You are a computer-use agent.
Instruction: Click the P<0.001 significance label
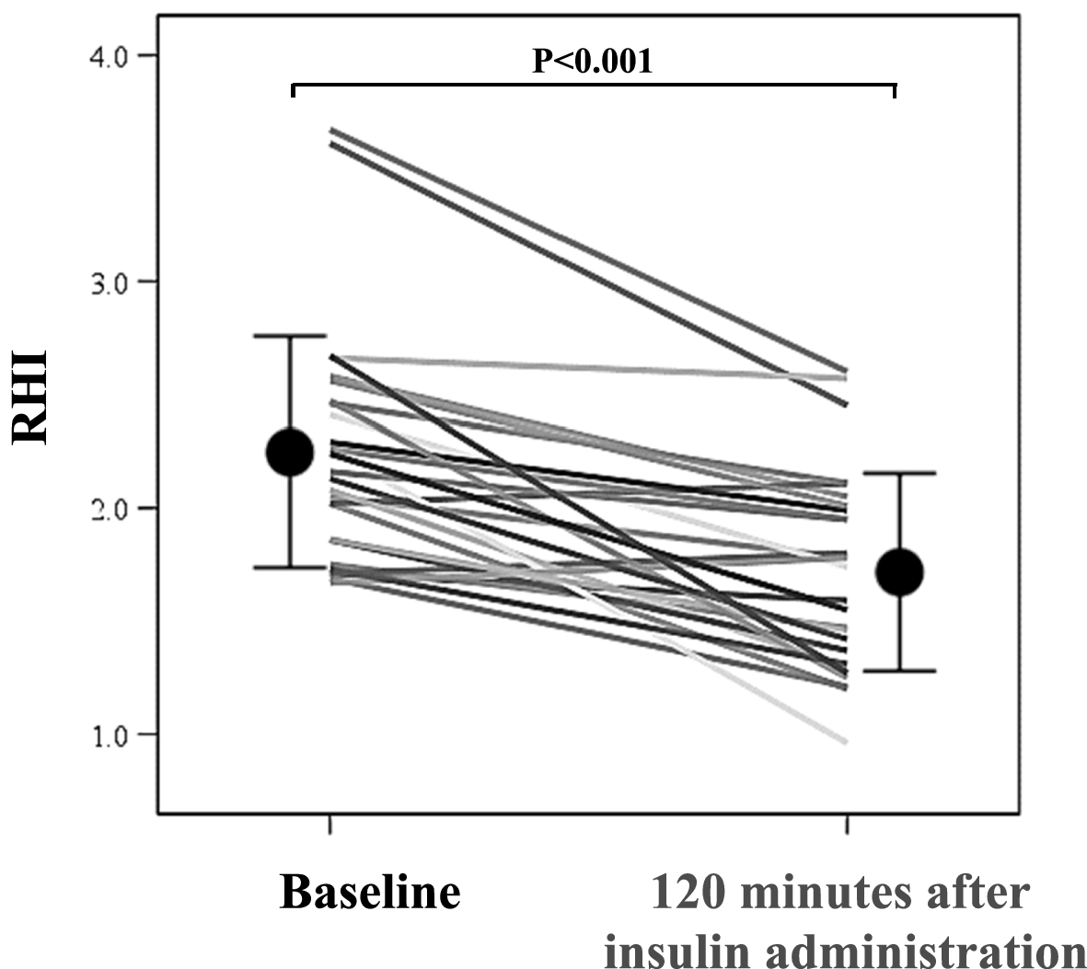pos(593,61)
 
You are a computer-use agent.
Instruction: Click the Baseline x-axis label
pos(369,892)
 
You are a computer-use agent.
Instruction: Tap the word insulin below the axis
pos(667,949)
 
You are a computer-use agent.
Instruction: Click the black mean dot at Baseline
pos(290,452)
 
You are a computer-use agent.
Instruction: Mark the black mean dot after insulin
pos(899,571)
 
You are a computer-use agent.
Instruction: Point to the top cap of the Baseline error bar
pos(290,336)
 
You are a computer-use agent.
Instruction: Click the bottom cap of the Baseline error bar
pos(290,568)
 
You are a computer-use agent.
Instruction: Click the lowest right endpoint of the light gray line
pos(845,742)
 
